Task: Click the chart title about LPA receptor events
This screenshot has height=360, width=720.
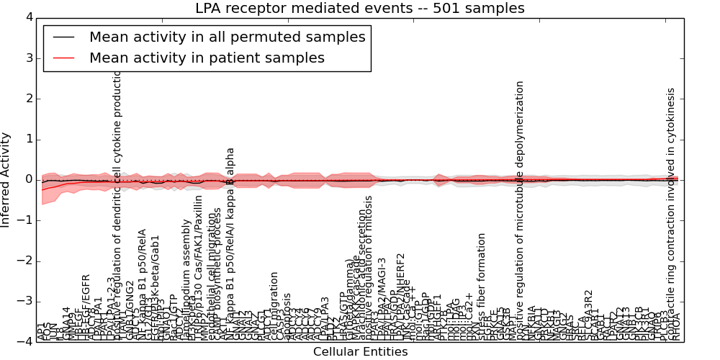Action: pos(360,9)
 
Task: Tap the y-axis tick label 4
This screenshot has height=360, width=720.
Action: pos(28,17)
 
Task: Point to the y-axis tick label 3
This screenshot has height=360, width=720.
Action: pos(28,58)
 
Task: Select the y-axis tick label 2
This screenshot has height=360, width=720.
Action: pos(28,99)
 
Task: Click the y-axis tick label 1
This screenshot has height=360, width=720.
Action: pos(28,139)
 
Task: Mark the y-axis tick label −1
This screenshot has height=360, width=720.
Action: pos(25,220)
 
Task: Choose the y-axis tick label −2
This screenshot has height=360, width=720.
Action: pos(25,261)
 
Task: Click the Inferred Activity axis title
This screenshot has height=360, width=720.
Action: pos(6,179)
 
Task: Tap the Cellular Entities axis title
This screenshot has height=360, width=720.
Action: pos(360,352)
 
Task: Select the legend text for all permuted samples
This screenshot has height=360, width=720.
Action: pos(227,37)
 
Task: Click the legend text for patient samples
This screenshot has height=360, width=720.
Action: pos(207,58)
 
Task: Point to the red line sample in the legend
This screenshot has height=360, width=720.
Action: pos(64,58)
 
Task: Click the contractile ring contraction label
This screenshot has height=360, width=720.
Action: pos(671,209)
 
